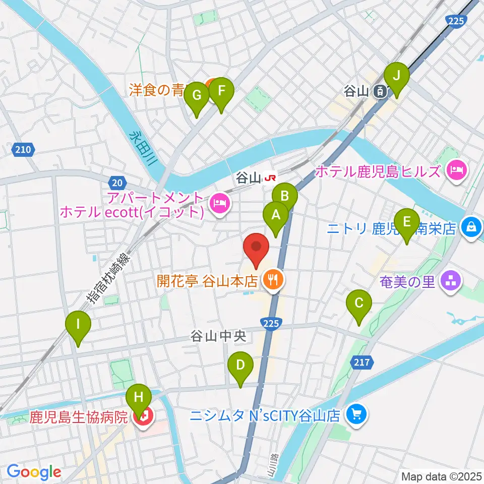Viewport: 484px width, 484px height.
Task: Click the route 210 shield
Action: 22,150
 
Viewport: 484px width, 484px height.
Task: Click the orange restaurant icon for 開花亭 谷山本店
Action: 274,280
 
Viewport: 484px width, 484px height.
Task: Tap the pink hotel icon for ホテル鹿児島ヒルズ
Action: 456,171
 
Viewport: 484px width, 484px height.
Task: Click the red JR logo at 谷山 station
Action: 271,177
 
